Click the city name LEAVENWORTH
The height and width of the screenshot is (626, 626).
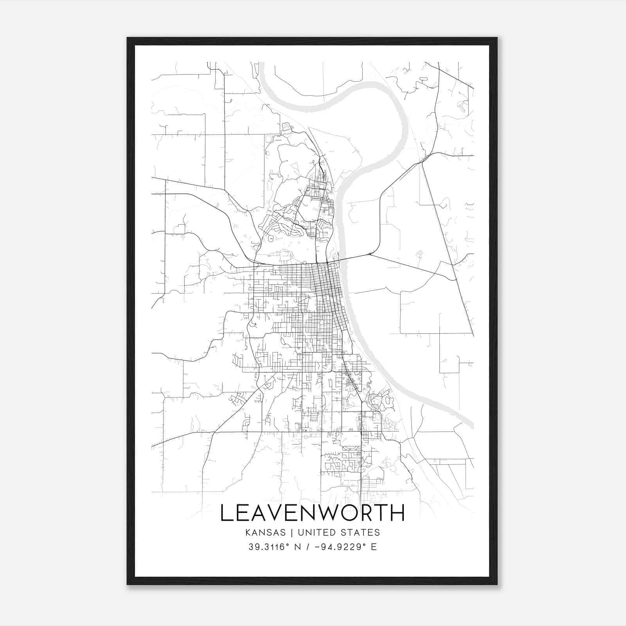(x=312, y=513)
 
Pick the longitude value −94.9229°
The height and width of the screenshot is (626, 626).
(x=339, y=547)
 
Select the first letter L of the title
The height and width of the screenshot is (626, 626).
(x=226, y=513)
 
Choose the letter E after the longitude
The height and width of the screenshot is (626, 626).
(x=374, y=547)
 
